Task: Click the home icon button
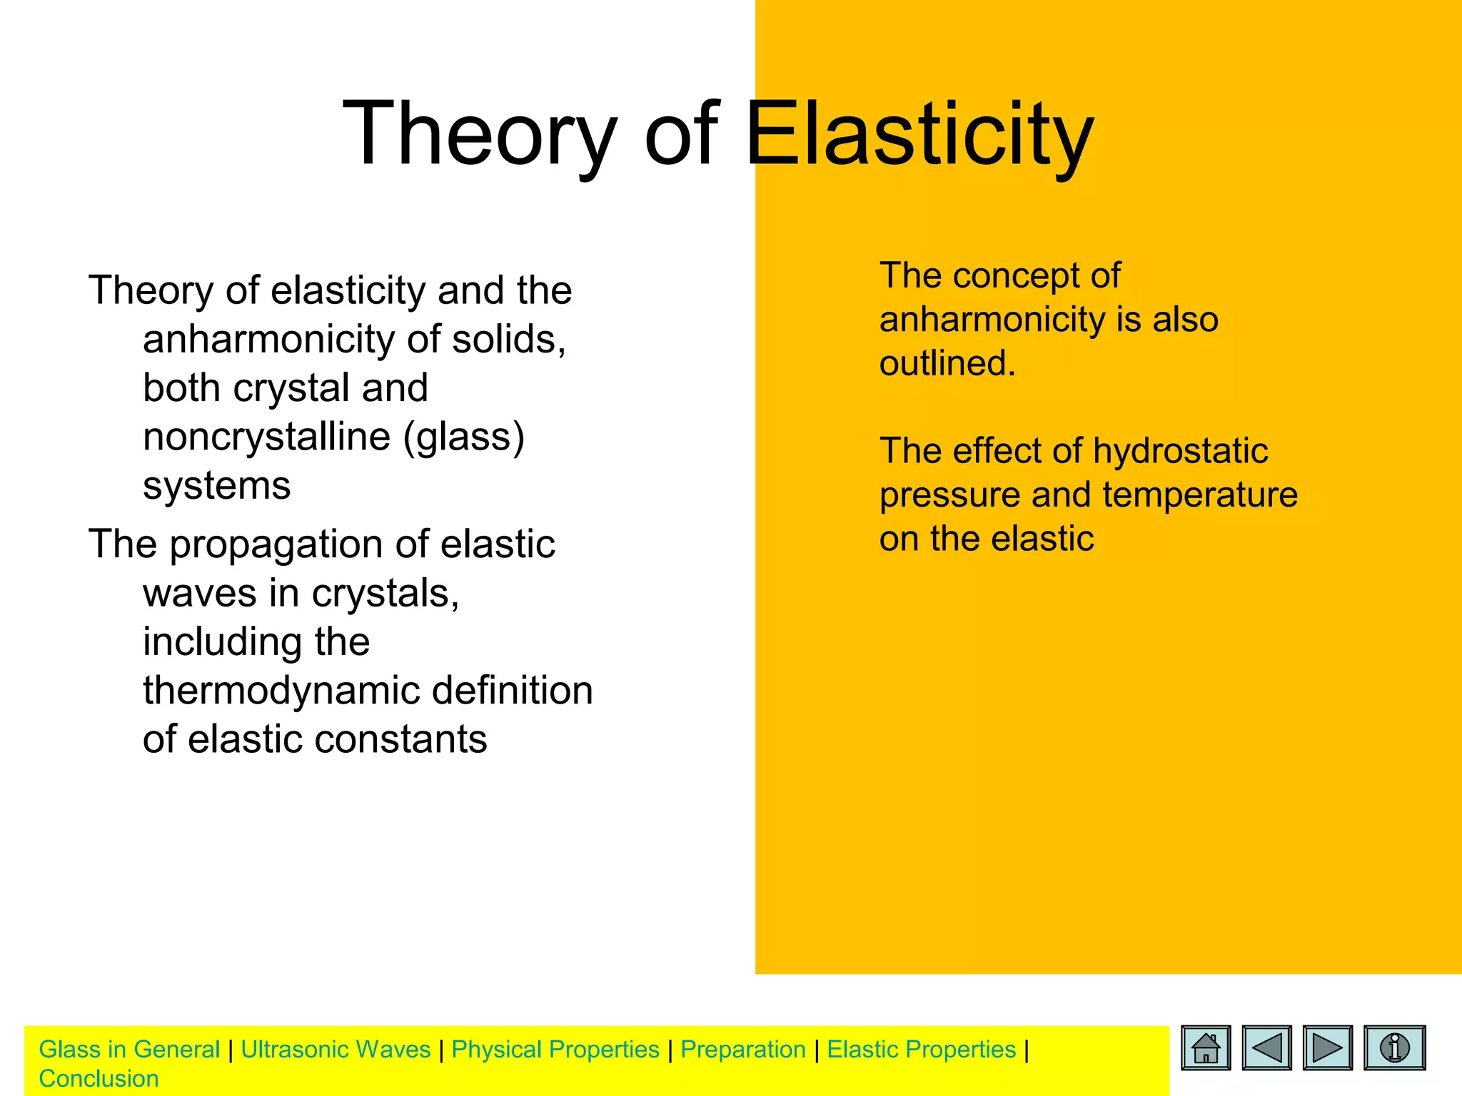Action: coord(1206,1047)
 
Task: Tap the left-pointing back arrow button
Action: coord(1266,1047)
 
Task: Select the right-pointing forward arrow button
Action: coord(1327,1047)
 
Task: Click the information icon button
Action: coord(1394,1047)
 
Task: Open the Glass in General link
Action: coord(129,1050)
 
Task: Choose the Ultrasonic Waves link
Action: coord(336,1050)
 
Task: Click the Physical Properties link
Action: coord(555,1050)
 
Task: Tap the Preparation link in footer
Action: coord(743,1050)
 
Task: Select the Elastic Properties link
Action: coord(921,1050)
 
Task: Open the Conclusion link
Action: coord(99,1079)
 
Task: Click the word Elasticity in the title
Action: coord(919,134)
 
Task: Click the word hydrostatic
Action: coord(1180,451)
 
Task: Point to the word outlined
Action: coord(947,363)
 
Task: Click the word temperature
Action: coord(1200,494)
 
